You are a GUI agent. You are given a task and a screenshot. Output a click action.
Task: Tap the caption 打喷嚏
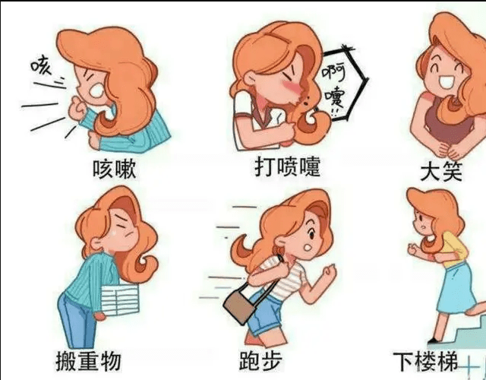287,166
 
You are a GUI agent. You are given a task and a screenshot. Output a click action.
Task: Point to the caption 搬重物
88,360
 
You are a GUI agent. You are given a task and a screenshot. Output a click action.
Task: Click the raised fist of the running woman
328,271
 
